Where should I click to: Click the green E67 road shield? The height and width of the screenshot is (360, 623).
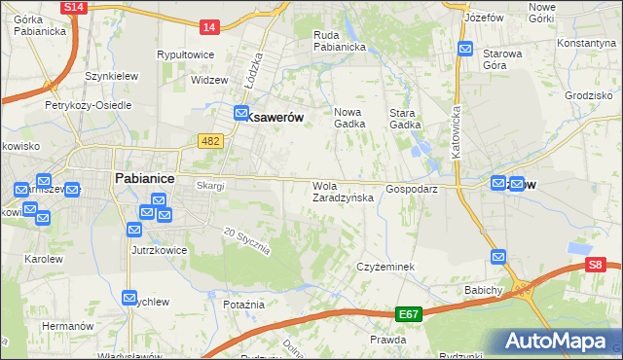[x=410, y=315]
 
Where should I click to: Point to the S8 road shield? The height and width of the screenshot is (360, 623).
[x=596, y=264]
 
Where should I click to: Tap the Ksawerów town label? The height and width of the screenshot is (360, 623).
[x=275, y=117]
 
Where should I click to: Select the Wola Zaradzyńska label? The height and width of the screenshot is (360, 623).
[x=342, y=192]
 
